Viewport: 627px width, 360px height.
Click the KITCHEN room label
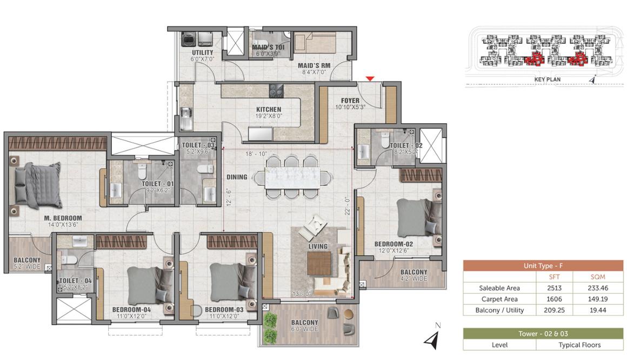tap(269, 109)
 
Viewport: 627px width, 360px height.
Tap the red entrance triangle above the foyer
tap(370, 78)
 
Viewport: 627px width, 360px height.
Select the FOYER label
tap(350, 101)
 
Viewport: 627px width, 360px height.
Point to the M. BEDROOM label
tap(63, 218)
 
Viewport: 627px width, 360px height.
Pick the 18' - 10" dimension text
tap(256, 154)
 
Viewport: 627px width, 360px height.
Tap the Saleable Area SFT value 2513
tap(554, 288)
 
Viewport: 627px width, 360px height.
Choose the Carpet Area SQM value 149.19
tap(598, 299)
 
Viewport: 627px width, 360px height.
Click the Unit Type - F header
tap(543, 265)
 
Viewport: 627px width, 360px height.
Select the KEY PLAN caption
tap(548, 79)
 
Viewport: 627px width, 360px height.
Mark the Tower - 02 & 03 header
tap(543, 334)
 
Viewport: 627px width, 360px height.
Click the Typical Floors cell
tap(579, 345)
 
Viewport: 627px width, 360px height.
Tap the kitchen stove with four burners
tap(276, 91)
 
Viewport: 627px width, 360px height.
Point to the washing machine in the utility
tap(188, 39)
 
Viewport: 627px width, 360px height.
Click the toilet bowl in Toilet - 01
tap(142, 171)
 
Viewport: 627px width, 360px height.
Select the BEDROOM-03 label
tap(224, 310)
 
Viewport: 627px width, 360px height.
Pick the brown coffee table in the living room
tap(319, 263)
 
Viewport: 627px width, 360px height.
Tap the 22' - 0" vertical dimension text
tap(347, 206)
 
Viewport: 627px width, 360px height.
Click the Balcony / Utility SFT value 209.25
tap(554, 310)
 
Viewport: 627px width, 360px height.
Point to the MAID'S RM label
tap(314, 65)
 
